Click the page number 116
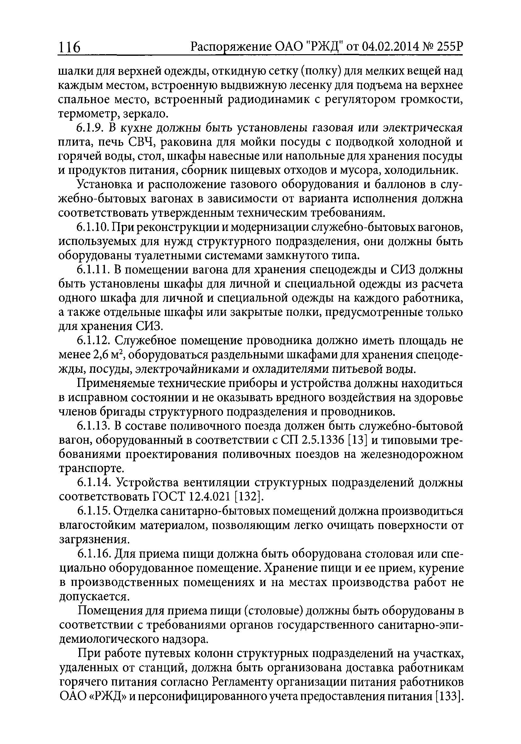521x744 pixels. [x=69, y=48]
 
